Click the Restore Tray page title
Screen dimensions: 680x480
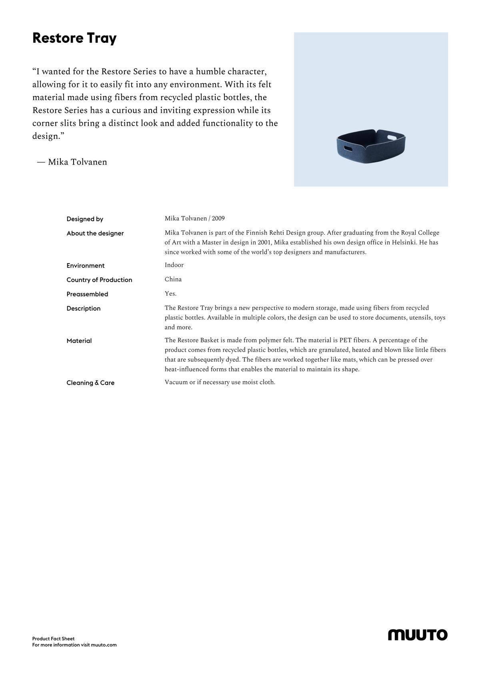click(74, 38)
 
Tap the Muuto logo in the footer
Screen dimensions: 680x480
click(418, 635)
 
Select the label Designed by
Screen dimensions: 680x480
click(85, 219)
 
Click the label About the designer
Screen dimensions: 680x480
click(95, 233)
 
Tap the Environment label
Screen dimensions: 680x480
click(86, 266)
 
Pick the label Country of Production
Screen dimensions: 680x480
click(99, 280)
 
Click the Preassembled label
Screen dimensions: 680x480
click(87, 294)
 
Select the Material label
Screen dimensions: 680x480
click(79, 341)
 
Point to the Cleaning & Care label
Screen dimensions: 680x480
click(90, 383)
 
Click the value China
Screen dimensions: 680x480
click(173, 279)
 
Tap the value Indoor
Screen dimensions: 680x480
click(174, 265)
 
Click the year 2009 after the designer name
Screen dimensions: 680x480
click(218, 218)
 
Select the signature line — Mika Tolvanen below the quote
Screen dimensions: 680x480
click(72, 162)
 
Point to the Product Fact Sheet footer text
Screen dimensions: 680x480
click(53, 639)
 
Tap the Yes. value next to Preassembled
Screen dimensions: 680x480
click(170, 294)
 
